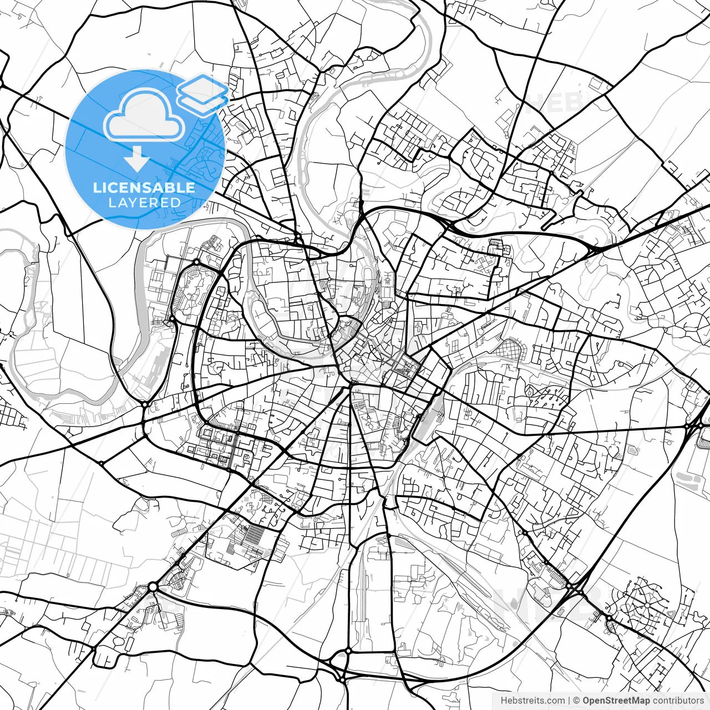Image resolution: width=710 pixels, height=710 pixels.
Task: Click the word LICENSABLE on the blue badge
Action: pyautogui.click(x=144, y=187)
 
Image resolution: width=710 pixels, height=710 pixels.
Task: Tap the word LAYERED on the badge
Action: pyautogui.click(x=144, y=202)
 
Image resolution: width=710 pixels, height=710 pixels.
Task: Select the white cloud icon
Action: pyautogui.click(x=144, y=115)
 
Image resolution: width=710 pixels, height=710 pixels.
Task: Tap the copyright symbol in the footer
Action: pyautogui.click(x=577, y=701)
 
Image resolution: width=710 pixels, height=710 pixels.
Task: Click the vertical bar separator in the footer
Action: pyautogui.click(x=570, y=701)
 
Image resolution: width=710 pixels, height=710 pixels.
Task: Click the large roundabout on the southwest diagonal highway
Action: pyautogui.click(x=153, y=586)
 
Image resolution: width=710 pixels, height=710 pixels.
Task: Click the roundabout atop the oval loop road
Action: pyautogui.click(x=196, y=262)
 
